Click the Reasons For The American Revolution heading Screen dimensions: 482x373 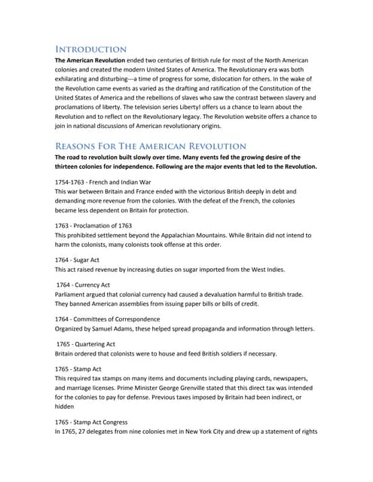(x=151, y=145)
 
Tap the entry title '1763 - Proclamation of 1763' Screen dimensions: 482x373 (x=93, y=225)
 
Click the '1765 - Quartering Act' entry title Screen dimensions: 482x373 (x=85, y=343)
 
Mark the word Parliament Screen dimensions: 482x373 (x=73, y=294)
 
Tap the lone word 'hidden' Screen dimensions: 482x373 (x=66, y=406)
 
